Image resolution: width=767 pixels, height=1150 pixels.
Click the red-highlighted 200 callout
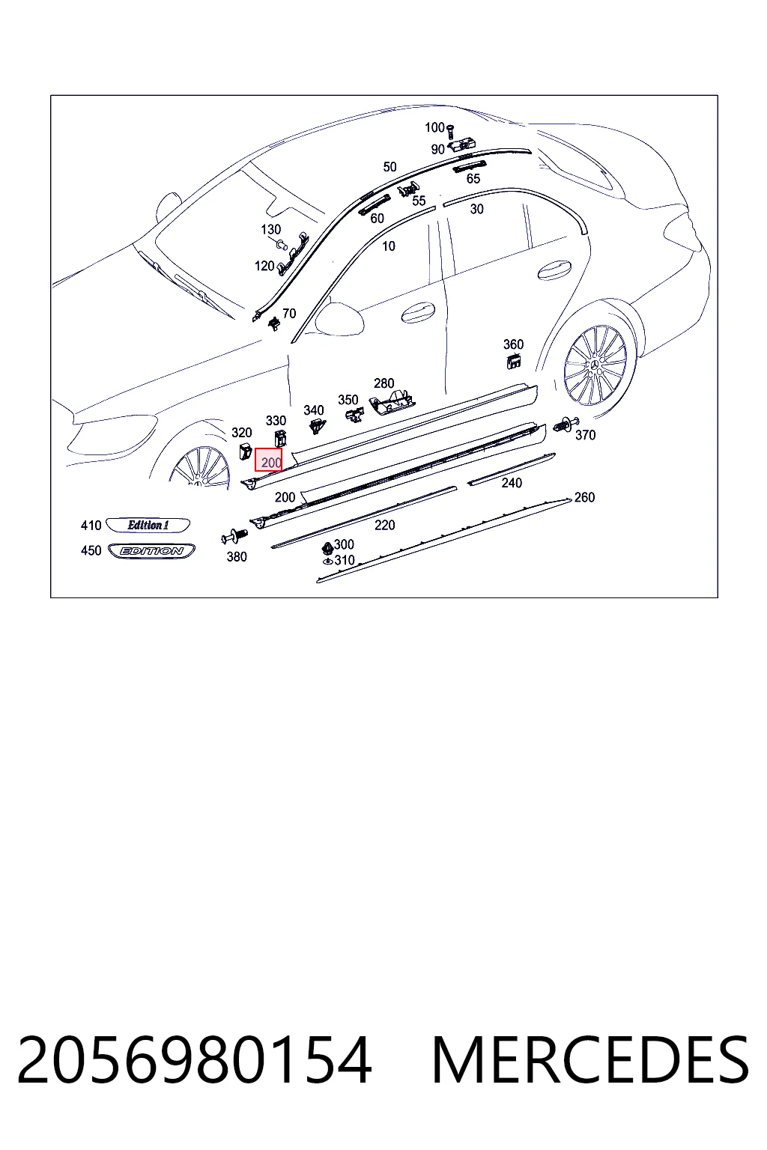pos(269,460)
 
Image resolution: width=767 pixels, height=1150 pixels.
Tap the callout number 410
pos(91,525)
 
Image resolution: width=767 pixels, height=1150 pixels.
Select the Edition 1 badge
pos(148,525)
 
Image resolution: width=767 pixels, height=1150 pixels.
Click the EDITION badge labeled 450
pos(151,551)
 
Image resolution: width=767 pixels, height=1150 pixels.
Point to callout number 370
pos(585,435)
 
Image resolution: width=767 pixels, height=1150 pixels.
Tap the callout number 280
pos(383,383)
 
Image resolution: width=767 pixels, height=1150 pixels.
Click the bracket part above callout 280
pos(392,401)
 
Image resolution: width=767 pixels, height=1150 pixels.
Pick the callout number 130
pos(270,229)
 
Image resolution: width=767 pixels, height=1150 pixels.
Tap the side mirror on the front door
pos(339,317)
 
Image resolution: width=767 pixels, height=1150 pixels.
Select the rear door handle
pos(554,270)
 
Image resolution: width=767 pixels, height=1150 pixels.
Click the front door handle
pos(418,312)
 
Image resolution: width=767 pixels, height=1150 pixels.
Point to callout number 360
pos(513,344)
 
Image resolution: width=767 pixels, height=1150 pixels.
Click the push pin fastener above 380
pos(234,537)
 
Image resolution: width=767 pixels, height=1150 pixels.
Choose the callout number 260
pos(585,497)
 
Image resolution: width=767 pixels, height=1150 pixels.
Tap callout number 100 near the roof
pos(434,127)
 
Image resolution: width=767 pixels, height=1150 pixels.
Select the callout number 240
pos(512,483)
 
